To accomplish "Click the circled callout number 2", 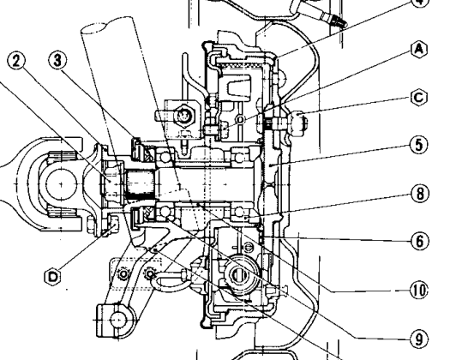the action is pos(16,62).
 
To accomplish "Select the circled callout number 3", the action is pos(57,61).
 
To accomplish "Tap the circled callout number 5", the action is pos(419,145).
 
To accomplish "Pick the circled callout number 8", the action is pos(420,194).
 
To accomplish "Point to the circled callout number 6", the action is pos(420,241).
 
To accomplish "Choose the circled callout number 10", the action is pos(419,290).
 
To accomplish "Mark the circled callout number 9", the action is pos(419,339).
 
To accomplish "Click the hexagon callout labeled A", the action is pos(419,49).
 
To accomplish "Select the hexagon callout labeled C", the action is pos(419,98).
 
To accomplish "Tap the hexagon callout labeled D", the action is pos(52,277).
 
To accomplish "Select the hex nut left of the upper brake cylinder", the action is pos(183,116).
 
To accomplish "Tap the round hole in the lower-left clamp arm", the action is pos(118,320).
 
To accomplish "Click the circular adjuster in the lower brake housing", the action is pos(240,274).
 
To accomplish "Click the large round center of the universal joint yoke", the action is pos(61,184).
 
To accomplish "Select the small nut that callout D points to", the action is pos(114,224).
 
